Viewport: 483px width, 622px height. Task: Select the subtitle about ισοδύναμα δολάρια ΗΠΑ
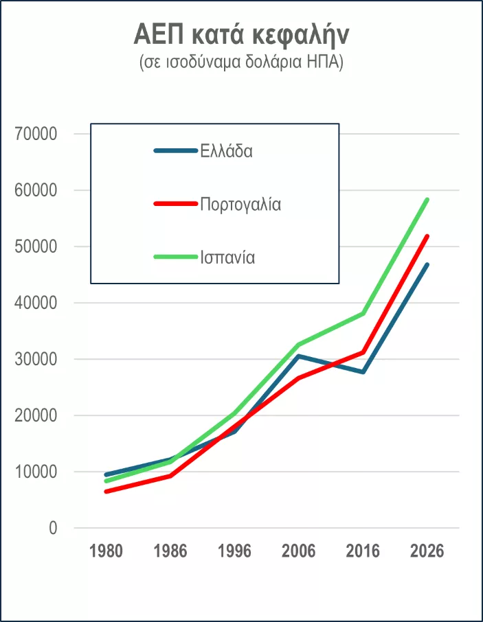click(x=241, y=62)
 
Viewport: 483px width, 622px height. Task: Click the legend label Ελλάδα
click(x=227, y=151)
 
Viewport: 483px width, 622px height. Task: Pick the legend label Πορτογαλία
click(x=240, y=204)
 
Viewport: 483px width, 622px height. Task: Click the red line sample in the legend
click(x=176, y=204)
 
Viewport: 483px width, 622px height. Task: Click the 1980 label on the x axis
click(x=106, y=551)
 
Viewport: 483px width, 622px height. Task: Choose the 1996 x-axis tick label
click(x=234, y=551)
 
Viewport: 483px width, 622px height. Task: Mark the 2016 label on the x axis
click(x=363, y=551)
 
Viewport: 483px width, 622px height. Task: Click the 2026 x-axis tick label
click(x=427, y=551)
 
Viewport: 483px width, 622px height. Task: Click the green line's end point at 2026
click(x=427, y=200)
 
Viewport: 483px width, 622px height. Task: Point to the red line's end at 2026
click(x=427, y=237)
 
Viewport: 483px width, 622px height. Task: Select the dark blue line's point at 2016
click(x=363, y=372)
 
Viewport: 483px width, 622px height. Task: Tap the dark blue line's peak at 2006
click(x=299, y=356)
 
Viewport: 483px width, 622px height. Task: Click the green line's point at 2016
click(x=363, y=314)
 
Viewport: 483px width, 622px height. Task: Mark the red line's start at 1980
click(x=106, y=492)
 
